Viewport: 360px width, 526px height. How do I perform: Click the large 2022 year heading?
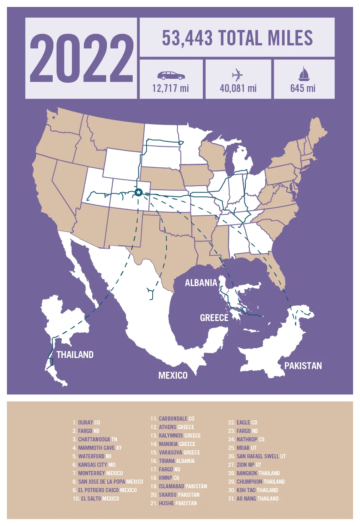[x=81, y=58]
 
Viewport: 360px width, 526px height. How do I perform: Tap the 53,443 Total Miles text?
[x=237, y=38]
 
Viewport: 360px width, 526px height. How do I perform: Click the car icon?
[x=170, y=75]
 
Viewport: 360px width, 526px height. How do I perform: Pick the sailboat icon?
[x=303, y=74]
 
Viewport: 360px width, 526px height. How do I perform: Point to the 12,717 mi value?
[x=170, y=88]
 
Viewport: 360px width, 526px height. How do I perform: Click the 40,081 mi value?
[x=238, y=88]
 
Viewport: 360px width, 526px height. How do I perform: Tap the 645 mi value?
[x=303, y=88]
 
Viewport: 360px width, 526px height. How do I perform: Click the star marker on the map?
[x=138, y=192]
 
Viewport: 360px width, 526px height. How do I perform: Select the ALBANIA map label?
[x=201, y=283]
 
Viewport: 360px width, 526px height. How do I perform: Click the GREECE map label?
[x=214, y=318]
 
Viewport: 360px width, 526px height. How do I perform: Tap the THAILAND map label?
[x=75, y=355]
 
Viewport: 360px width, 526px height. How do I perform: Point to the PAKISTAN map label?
[x=303, y=366]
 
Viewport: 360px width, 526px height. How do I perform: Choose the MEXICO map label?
[x=173, y=375]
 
